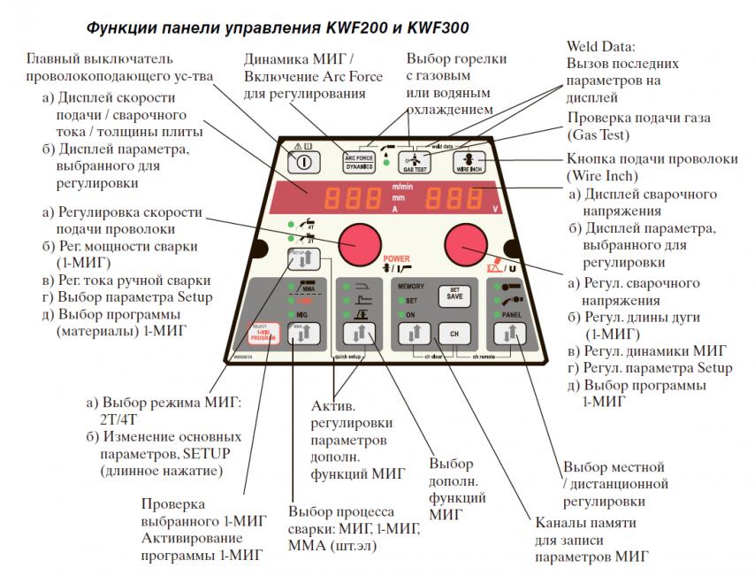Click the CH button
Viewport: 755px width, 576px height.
coord(453,334)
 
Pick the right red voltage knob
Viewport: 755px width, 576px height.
coord(465,241)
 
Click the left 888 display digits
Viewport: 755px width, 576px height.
coord(342,199)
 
